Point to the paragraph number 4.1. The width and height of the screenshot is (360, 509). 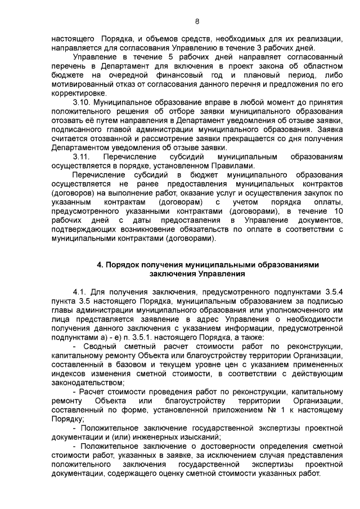point(82,292)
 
